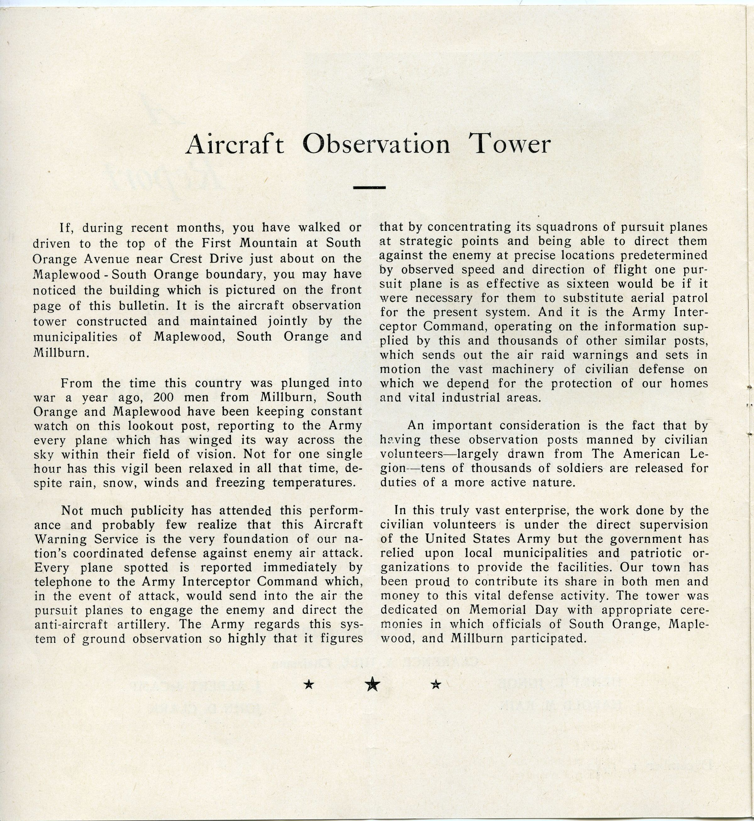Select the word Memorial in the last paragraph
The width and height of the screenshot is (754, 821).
coord(496,610)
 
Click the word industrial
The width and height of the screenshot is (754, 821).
coord(465,397)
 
